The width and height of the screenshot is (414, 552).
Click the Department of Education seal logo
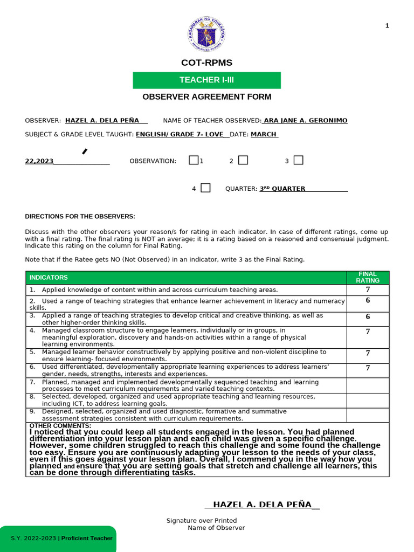pyautogui.click(x=207, y=33)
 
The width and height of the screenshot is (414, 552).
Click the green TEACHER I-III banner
pyautogui.click(x=207, y=80)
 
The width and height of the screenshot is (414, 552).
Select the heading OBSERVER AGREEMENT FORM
pyautogui.click(x=207, y=97)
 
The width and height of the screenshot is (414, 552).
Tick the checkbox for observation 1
pyautogui.click(x=194, y=160)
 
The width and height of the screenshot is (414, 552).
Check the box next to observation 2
pyautogui.click(x=243, y=160)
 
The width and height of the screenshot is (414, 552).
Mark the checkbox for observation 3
pyautogui.click(x=298, y=160)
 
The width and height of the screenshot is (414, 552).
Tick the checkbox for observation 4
pyautogui.click(x=205, y=188)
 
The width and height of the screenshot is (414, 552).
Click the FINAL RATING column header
pyautogui.click(x=368, y=277)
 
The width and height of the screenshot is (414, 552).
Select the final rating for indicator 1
pyautogui.click(x=368, y=289)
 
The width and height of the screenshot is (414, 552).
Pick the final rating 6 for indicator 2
pyautogui.click(x=368, y=301)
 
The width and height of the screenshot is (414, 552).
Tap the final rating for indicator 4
pyautogui.click(x=368, y=332)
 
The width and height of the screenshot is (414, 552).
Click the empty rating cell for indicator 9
pyautogui.click(x=368, y=415)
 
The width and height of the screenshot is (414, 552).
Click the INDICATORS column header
pyautogui.click(x=49, y=278)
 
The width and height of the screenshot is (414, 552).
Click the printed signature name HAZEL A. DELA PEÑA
pyautogui.click(x=262, y=505)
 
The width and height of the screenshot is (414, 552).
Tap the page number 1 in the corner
pyautogui.click(x=387, y=26)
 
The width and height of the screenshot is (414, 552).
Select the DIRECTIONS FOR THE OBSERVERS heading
pyautogui.click(x=80, y=217)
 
